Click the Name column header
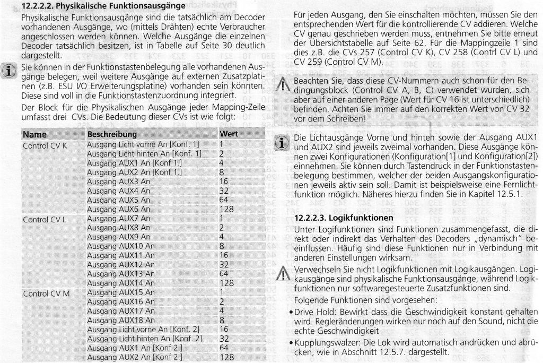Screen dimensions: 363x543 coord(35,134)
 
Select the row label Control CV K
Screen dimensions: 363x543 coord(45,145)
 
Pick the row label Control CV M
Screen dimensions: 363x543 coord(45,292)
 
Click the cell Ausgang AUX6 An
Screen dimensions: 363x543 coord(118,209)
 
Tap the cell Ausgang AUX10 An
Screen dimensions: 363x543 coord(120,246)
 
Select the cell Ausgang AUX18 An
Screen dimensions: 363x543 coord(120,320)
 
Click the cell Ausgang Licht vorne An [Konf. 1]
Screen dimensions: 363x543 coord(143,144)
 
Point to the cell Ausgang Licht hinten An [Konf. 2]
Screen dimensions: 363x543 coord(144,339)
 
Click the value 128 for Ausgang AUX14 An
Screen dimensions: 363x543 coord(226,283)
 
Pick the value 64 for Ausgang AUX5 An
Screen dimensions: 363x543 coord(224,200)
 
